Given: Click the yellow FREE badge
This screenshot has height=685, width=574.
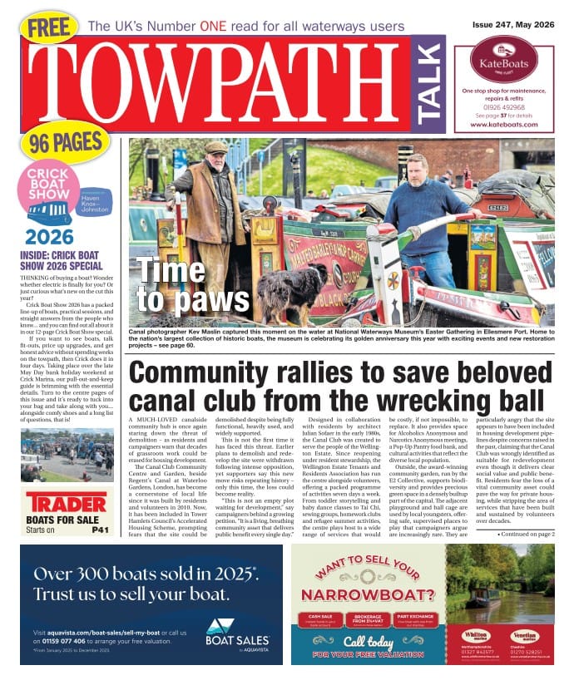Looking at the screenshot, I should pyautogui.click(x=48, y=27).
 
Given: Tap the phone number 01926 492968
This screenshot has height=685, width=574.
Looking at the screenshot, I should pyautogui.click(x=503, y=106).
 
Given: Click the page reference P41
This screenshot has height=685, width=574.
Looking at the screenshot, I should pyautogui.click(x=100, y=530).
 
